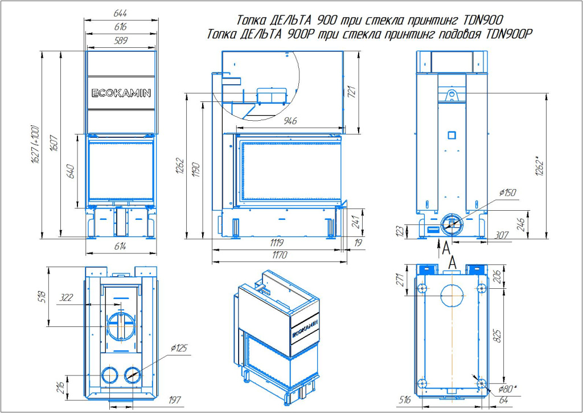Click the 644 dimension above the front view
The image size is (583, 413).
[x=120, y=13]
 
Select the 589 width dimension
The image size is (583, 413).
[x=120, y=40]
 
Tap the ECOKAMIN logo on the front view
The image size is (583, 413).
[x=121, y=93]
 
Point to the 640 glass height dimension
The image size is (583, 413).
[x=71, y=170]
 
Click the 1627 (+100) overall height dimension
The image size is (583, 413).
[x=35, y=145]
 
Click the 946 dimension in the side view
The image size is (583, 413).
[x=290, y=121]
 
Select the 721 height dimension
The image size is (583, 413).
[x=351, y=91]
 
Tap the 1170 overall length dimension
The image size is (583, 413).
[x=279, y=256]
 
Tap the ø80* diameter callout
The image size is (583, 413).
[x=508, y=389]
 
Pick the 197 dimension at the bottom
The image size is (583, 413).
[x=175, y=400]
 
